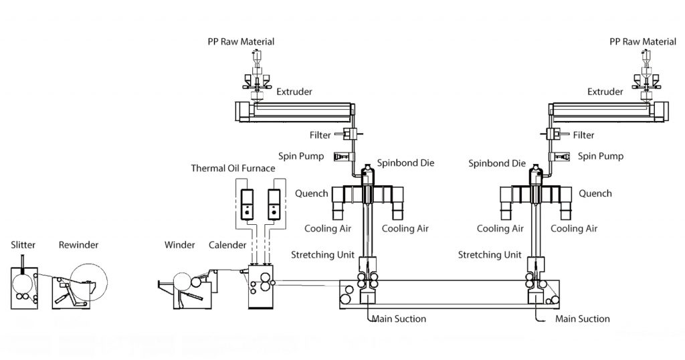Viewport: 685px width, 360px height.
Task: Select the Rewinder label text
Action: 78,245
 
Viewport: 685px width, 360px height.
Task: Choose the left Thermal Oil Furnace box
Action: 246,205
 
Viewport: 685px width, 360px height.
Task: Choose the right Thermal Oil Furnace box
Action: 273,205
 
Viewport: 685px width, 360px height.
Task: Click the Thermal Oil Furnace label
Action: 233,168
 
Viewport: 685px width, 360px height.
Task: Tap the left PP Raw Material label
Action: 241,41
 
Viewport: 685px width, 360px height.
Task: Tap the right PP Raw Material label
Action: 643,41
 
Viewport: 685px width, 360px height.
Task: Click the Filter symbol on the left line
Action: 349,134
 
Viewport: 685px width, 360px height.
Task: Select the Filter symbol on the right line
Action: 553,134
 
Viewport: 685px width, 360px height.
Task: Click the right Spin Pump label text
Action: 600,156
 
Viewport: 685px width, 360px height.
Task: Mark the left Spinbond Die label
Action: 405,163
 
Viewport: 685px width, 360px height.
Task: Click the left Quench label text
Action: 312,194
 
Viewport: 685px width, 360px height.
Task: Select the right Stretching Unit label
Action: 490,255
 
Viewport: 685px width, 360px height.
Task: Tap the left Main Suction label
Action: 399,319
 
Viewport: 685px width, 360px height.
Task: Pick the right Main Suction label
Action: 583,319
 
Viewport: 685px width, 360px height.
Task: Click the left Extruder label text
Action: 294,92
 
